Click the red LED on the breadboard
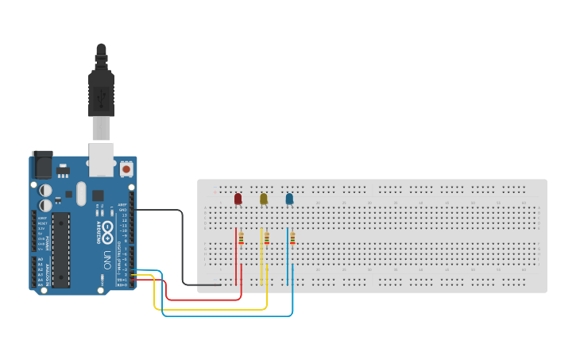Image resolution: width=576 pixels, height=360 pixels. [238, 199]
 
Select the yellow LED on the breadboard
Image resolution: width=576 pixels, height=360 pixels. [264, 199]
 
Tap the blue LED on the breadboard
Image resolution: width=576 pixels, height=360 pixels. [289, 199]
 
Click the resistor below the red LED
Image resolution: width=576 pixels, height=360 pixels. [241, 238]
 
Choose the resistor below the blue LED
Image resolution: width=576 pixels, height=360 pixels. [292, 238]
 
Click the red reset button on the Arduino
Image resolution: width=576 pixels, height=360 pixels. [126, 169]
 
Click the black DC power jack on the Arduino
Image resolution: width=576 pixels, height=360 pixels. [42, 165]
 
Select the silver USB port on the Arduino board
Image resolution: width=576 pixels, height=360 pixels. [101, 159]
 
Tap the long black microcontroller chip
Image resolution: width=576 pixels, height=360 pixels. [61, 249]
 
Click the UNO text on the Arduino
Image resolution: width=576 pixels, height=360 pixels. [106, 258]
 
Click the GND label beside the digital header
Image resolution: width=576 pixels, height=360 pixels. [122, 210]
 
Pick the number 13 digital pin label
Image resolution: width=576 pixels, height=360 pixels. [123, 215]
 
